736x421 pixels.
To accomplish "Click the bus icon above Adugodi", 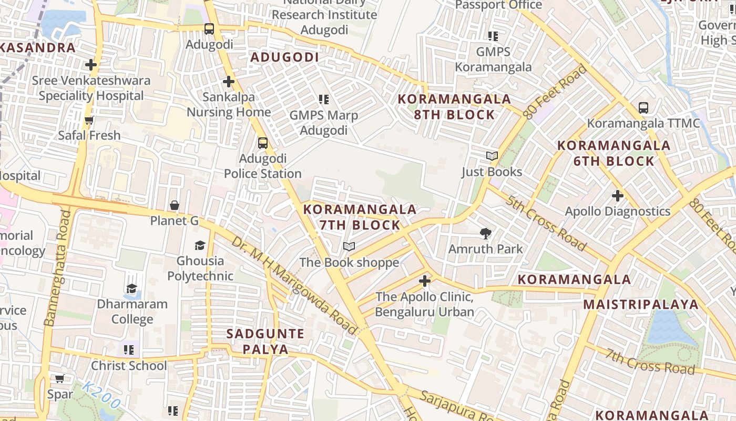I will (209, 29).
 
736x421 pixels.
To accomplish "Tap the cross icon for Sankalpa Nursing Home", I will (228, 82).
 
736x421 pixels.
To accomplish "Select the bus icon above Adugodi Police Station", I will (262, 143).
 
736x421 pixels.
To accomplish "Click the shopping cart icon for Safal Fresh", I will (89, 120).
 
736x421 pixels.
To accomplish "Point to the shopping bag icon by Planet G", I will (175, 205).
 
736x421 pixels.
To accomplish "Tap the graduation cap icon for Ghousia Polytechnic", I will (200, 245).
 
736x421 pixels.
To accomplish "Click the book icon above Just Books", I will (492, 156).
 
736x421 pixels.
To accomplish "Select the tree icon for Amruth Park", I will (486, 233).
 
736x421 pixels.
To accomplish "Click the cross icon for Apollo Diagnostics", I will (617, 196).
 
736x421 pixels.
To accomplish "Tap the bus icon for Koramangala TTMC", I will (643, 108).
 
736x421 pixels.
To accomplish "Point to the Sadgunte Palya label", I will (265, 342).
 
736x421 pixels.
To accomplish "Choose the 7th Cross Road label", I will (649, 361).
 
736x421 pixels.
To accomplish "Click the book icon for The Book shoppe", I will (349, 246).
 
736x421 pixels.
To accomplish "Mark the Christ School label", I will (129, 366).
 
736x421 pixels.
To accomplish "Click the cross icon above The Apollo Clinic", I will (425, 281).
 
